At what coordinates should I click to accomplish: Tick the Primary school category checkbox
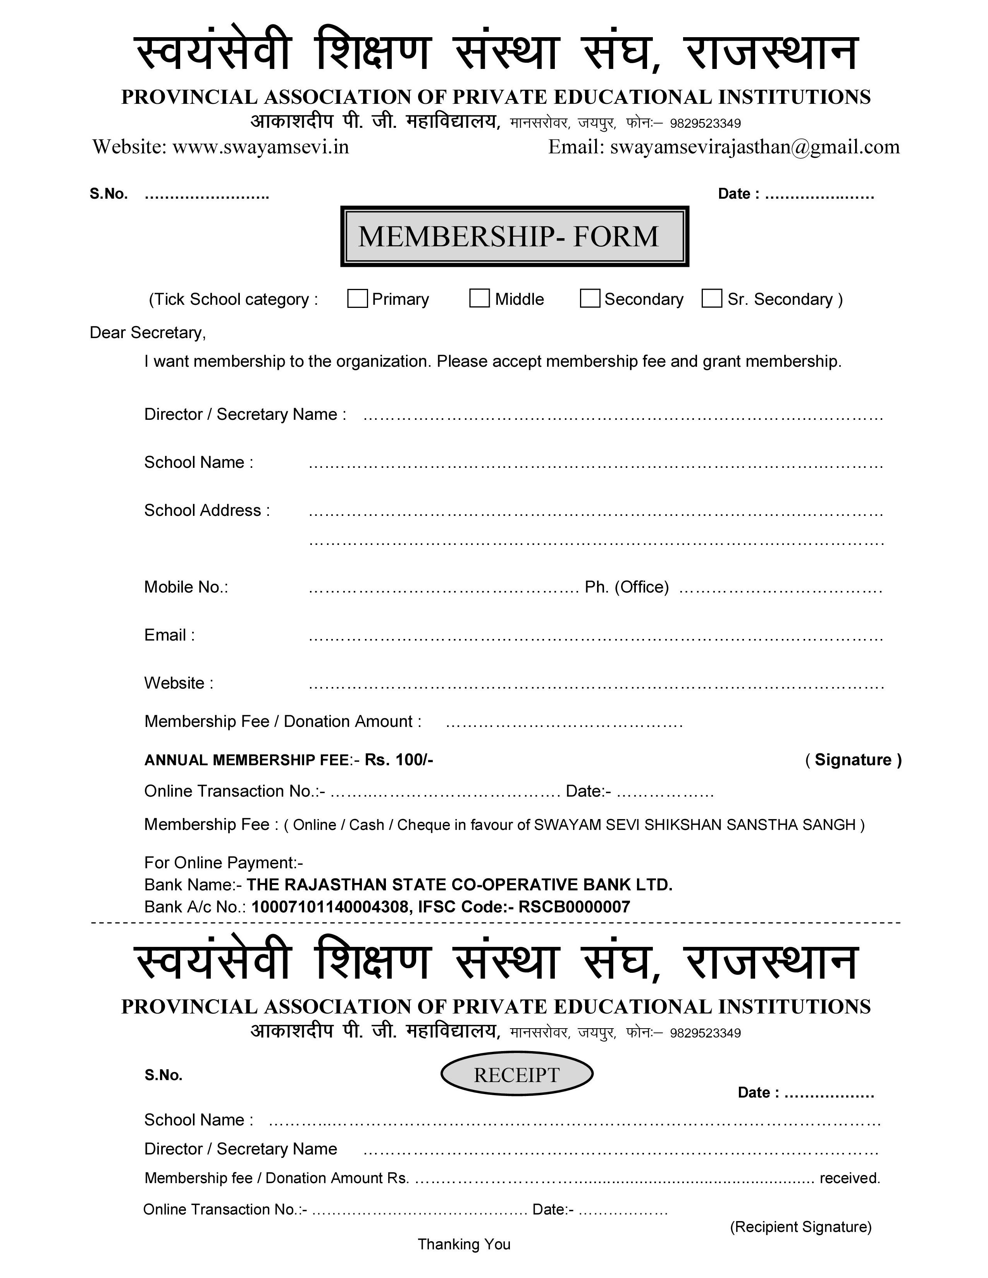coord(357,299)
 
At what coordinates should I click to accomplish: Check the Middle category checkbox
coord(479,299)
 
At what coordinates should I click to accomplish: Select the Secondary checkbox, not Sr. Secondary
coord(589,299)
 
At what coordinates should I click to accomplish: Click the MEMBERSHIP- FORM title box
coord(514,236)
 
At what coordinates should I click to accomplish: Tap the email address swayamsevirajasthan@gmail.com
coord(754,147)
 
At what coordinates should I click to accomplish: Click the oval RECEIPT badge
coord(516,1074)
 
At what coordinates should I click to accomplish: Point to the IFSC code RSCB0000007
coord(574,907)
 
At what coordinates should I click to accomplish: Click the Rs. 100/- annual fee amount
coord(399,759)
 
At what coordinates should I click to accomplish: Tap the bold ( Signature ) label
coord(854,759)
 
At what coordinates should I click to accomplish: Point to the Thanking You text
coord(463,1244)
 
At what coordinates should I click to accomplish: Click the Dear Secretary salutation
coord(148,332)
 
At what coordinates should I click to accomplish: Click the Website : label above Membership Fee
coord(179,683)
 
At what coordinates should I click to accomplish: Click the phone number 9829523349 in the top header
coord(705,124)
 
